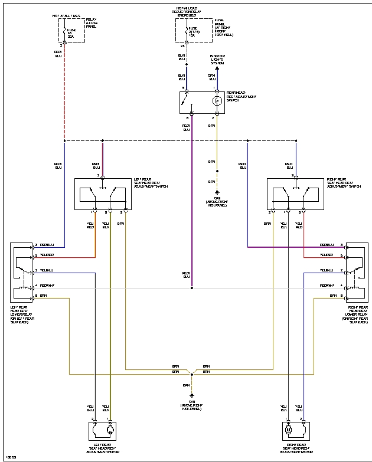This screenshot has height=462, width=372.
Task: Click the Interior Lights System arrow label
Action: pyautogui.click(x=217, y=60)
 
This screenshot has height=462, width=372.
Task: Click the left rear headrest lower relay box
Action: pyautogui.click(x=22, y=272)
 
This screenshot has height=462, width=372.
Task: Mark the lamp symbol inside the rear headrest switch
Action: pyautogui.click(x=217, y=101)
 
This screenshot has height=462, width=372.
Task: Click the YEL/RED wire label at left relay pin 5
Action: pyautogui.click(x=47, y=255)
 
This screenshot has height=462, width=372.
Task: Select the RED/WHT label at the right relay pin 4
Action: pyautogui.click(x=327, y=285)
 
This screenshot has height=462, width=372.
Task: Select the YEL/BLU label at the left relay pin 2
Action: pyautogui.click(x=47, y=270)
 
